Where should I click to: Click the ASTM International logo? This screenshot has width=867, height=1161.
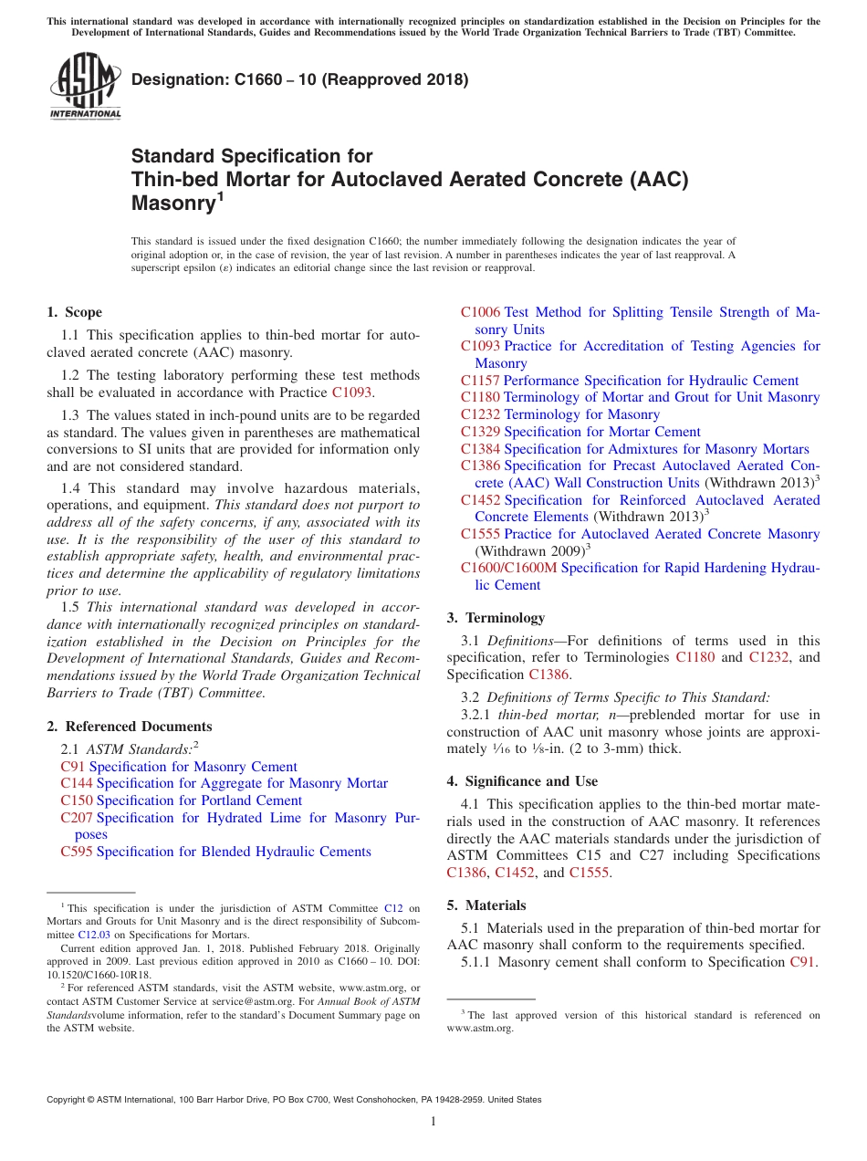(84, 86)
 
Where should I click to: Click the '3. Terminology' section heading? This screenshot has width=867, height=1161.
(496, 618)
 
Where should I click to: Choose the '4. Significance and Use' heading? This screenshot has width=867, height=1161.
(522, 781)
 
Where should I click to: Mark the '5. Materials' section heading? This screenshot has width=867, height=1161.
(486, 905)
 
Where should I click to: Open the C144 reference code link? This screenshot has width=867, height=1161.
(77, 783)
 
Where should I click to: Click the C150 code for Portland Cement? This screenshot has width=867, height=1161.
(77, 800)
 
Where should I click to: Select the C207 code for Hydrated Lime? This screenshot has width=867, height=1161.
(77, 818)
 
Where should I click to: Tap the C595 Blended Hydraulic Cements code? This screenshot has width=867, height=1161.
(77, 852)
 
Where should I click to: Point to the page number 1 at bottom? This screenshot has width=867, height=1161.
(433, 1122)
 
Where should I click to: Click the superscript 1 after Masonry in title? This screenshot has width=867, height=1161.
(218, 197)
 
